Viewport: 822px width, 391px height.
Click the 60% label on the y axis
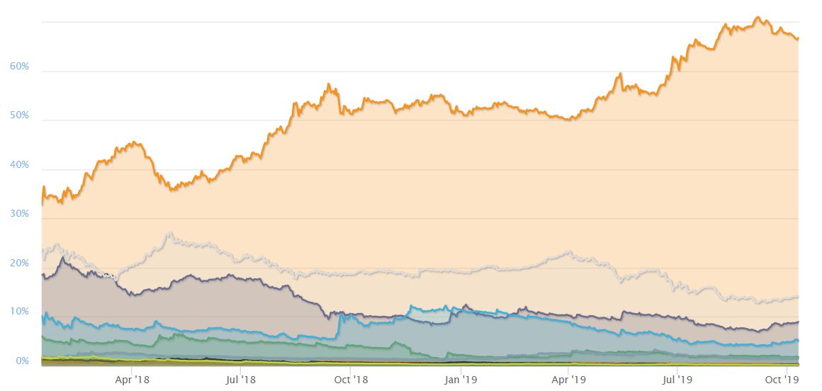(19, 67)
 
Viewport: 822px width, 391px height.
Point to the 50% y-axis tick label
(19, 115)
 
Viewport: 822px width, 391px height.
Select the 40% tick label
(19, 165)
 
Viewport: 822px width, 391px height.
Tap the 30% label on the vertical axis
(19, 214)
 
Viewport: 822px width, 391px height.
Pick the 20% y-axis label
(19, 263)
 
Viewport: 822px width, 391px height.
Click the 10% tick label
(19, 312)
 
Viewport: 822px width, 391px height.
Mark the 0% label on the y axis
(22, 361)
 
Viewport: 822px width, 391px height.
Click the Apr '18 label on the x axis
(133, 380)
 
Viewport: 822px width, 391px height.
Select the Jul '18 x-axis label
(241, 380)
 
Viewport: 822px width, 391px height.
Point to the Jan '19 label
(461, 380)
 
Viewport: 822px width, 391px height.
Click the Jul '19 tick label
(677, 380)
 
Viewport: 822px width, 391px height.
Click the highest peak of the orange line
(758, 17)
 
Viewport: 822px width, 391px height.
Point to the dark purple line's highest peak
(63, 258)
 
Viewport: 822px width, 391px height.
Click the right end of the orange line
(799, 38)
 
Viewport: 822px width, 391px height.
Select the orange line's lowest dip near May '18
(171, 190)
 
